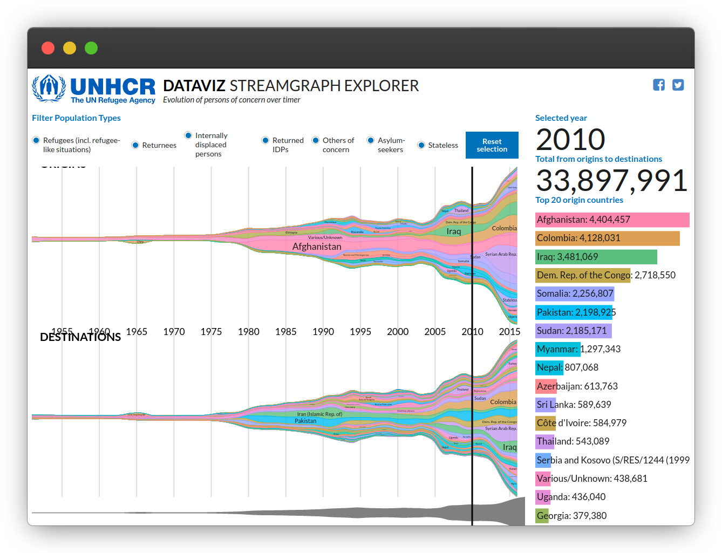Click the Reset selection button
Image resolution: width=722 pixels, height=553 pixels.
tap(492, 145)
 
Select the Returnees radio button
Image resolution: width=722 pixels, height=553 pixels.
tap(135, 145)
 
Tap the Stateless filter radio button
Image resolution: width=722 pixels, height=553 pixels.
tap(421, 145)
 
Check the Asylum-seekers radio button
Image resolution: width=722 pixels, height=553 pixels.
tap(371, 140)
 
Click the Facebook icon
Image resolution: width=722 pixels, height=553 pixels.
tap(659, 85)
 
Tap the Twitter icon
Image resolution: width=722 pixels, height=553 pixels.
tap(678, 85)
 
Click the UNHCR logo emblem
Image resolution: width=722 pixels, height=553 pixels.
tap(49, 88)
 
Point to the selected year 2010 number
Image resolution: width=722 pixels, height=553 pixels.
tap(570, 140)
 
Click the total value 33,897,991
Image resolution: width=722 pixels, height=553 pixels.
tap(611, 181)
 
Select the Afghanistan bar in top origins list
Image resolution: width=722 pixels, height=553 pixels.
tap(612, 220)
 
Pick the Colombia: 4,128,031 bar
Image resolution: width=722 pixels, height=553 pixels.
tap(607, 238)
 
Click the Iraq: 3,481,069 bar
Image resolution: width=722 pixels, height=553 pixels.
tap(596, 257)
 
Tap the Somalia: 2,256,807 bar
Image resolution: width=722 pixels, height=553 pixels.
tap(575, 293)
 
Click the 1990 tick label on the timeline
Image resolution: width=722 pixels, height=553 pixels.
tap(323, 332)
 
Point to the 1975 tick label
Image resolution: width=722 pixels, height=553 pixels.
tap(211, 332)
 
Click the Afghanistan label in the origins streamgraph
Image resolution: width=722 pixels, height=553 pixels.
tap(317, 247)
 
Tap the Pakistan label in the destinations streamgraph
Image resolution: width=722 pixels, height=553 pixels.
tap(305, 421)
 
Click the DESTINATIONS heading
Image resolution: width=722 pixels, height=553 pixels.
tap(80, 337)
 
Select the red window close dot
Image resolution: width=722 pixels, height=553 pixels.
tap(48, 48)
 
